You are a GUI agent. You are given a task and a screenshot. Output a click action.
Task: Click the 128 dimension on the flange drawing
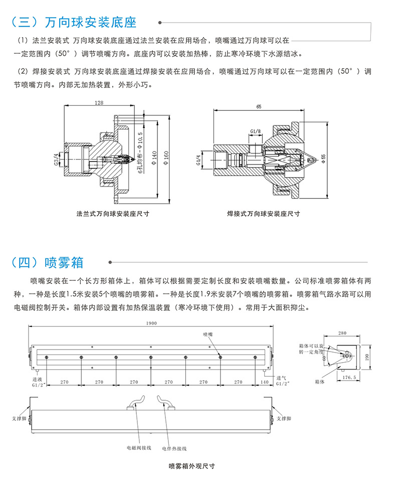[x=98, y=103]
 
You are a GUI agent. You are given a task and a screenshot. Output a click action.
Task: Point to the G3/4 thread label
[x=56, y=159]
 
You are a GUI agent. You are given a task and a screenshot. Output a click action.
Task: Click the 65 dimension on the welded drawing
[x=259, y=106]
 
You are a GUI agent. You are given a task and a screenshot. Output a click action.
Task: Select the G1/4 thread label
[x=198, y=160]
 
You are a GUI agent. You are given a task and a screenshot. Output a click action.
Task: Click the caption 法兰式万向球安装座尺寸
[x=113, y=213]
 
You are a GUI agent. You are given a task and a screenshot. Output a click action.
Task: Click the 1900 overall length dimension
[x=151, y=324]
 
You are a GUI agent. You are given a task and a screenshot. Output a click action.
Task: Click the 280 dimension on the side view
[x=342, y=333]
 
